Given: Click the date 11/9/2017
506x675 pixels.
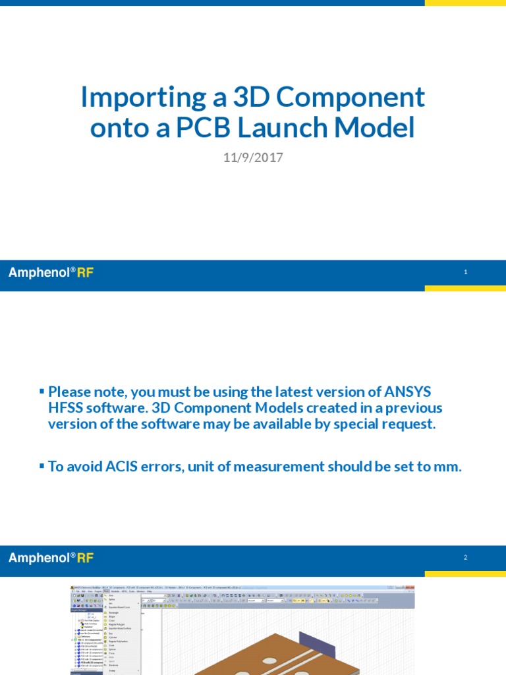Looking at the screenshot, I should tap(253, 158).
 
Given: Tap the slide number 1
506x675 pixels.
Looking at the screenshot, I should tap(466, 272).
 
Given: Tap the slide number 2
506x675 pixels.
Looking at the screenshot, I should tap(466, 558).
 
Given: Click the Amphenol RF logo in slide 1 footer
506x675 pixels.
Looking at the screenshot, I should tap(51, 272).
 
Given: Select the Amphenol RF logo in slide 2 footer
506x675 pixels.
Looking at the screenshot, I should tap(51, 558).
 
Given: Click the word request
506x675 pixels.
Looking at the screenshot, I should tap(411, 424).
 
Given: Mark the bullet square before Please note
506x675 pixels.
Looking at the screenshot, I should tap(42, 392).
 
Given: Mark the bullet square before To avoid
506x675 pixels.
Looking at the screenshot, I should tap(42, 467).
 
